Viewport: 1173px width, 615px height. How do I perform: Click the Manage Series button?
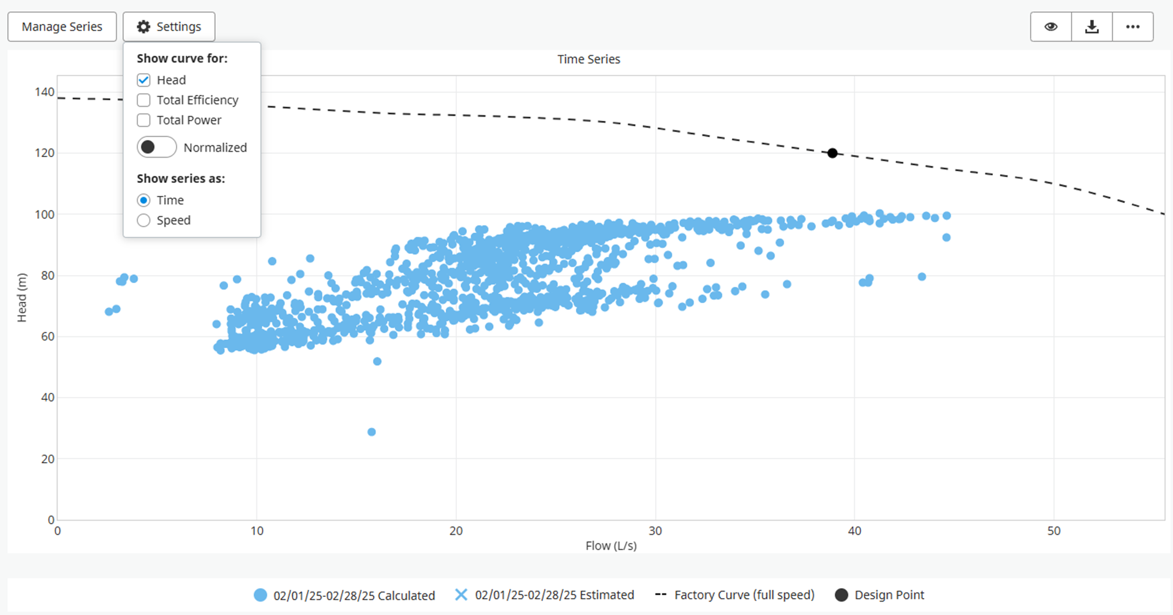(x=62, y=27)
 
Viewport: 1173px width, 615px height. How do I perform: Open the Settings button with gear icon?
(x=169, y=27)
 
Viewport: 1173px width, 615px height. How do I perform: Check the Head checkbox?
(x=144, y=80)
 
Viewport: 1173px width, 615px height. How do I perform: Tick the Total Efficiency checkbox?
(x=144, y=100)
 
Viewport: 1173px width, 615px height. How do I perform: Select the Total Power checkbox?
(x=144, y=120)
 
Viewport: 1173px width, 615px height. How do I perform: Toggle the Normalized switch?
(x=157, y=147)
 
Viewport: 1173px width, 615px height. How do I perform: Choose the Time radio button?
(x=144, y=201)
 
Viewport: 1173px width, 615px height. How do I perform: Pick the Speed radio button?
(x=144, y=220)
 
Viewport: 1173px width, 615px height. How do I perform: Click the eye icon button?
(x=1051, y=27)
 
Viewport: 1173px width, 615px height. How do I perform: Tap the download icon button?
(x=1091, y=27)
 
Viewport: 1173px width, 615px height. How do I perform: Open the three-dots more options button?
(x=1133, y=27)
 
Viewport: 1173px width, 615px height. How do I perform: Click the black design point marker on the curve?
(x=832, y=153)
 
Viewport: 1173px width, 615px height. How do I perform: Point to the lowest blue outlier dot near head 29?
(x=371, y=432)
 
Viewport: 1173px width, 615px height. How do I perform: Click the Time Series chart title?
(x=588, y=59)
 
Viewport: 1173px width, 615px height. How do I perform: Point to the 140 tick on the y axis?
(x=45, y=92)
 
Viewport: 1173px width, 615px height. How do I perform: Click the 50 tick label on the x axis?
(x=1053, y=531)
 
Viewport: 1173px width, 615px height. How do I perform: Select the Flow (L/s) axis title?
(x=611, y=546)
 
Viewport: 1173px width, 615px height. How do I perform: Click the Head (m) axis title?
(x=22, y=297)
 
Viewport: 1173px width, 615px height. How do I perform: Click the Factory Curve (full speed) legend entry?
(x=744, y=595)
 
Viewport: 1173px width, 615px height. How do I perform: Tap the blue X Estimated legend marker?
(x=461, y=595)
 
